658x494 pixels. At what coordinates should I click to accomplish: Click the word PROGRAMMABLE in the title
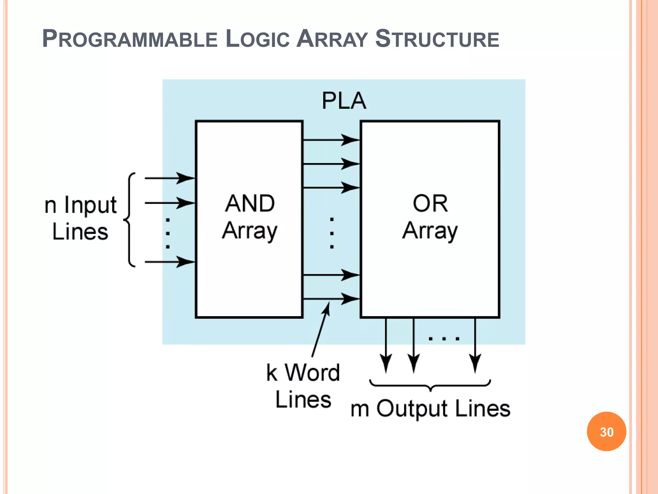pyautogui.click(x=130, y=39)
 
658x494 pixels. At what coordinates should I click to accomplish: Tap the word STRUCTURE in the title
pyautogui.click(x=437, y=39)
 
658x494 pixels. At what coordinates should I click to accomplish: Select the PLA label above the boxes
pyautogui.click(x=344, y=101)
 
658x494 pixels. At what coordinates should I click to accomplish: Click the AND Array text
pyautogui.click(x=250, y=217)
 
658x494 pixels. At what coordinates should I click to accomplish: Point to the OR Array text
pyautogui.click(x=430, y=217)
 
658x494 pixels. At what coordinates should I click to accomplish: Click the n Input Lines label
pyautogui.click(x=80, y=218)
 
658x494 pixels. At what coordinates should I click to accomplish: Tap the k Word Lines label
pyautogui.click(x=303, y=386)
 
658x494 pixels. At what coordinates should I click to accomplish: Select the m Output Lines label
pyautogui.click(x=430, y=408)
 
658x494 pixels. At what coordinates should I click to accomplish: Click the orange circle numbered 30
pyautogui.click(x=606, y=432)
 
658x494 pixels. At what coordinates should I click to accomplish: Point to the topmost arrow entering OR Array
pyautogui.click(x=331, y=140)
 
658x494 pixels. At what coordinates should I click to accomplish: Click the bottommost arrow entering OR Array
pyautogui.click(x=331, y=299)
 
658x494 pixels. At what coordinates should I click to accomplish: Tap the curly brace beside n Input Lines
pyautogui.click(x=129, y=220)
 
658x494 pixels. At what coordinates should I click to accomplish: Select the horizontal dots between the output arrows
pyautogui.click(x=444, y=338)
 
